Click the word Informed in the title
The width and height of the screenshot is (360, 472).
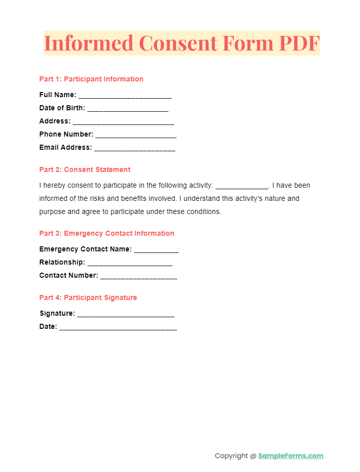89,43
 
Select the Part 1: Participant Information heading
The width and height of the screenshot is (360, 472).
91,79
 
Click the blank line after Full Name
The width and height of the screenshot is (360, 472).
125,96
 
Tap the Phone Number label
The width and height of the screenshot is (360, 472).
66,134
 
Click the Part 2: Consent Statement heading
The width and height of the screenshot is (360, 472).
85,169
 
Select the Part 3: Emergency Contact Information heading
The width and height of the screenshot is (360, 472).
106,233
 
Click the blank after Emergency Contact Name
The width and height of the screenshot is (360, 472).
156,250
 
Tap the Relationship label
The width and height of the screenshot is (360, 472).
62,262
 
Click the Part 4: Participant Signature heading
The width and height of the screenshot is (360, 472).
88,297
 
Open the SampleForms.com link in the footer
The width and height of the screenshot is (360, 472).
291,456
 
